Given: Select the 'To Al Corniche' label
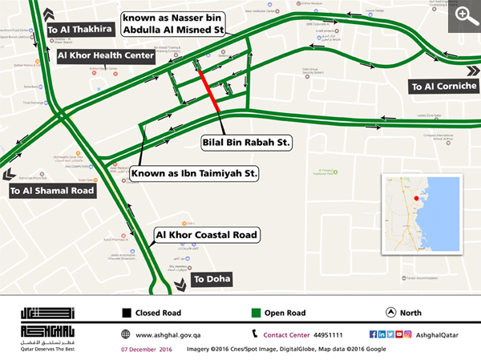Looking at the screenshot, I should coord(443,86).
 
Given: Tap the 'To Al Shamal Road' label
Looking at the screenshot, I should coord(52,191).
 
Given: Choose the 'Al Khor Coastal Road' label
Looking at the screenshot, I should coord(206,235).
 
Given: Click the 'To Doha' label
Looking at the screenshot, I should coord(212,279).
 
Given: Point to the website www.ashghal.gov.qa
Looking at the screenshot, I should coord(168,334).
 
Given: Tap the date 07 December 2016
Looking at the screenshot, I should coord(146,350).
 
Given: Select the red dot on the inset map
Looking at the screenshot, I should coord(416,197).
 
